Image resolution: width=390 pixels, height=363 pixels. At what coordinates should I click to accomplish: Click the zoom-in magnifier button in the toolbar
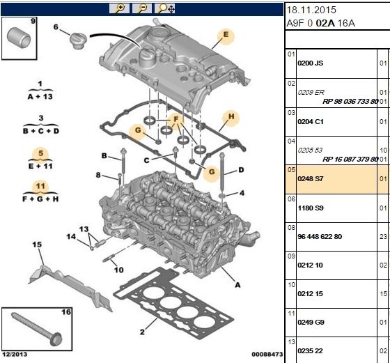pyautogui.click(x=119, y=8)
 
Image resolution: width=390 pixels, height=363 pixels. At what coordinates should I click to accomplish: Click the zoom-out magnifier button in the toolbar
pyautogui.click(x=142, y=8)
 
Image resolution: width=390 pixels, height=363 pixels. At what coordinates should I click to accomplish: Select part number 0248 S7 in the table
pyautogui.click(x=311, y=179)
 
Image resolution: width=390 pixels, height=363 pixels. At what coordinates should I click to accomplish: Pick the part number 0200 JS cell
pyautogui.click(x=311, y=63)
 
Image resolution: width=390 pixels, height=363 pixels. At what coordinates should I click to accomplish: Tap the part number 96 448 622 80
pyautogui.click(x=320, y=237)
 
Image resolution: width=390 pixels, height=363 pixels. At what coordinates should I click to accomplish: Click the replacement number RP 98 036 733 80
pyautogui.click(x=350, y=102)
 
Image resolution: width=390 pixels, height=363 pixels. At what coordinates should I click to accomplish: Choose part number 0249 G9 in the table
pyautogui.click(x=311, y=323)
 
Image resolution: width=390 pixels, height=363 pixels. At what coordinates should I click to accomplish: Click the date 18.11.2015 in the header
pyautogui.click(x=311, y=10)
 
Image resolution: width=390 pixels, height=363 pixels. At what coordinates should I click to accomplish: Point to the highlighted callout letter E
pyautogui.click(x=226, y=35)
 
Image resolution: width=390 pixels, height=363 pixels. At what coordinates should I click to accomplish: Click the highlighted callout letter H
pyautogui.click(x=231, y=116)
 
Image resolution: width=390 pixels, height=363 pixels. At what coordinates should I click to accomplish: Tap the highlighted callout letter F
pyautogui.click(x=176, y=119)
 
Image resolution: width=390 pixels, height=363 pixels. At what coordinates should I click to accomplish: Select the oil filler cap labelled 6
pyautogui.click(x=79, y=41)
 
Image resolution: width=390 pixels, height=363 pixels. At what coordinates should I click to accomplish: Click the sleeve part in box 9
pyautogui.click(x=18, y=38)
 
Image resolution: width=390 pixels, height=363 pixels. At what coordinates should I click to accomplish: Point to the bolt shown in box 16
pyautogui.click(x=37, y=330)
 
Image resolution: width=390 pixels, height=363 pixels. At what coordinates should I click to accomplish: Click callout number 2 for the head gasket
pyautogui.click(x=142, y=332)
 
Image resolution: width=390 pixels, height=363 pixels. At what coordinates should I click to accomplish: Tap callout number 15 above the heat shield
pyautogui.click(x=37, y=245)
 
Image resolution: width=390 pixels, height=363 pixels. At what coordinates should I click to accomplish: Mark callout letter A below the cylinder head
pyautogui.click(x=237, y=285)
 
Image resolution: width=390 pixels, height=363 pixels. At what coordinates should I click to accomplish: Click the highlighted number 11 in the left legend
pyautogui.click(x=40, y=186)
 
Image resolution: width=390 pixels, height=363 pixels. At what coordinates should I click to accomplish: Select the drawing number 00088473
pyautogui.click(x=267, y=355)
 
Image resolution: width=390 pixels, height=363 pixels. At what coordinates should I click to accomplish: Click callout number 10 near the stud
pyautogui.click(x=119, y=270)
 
